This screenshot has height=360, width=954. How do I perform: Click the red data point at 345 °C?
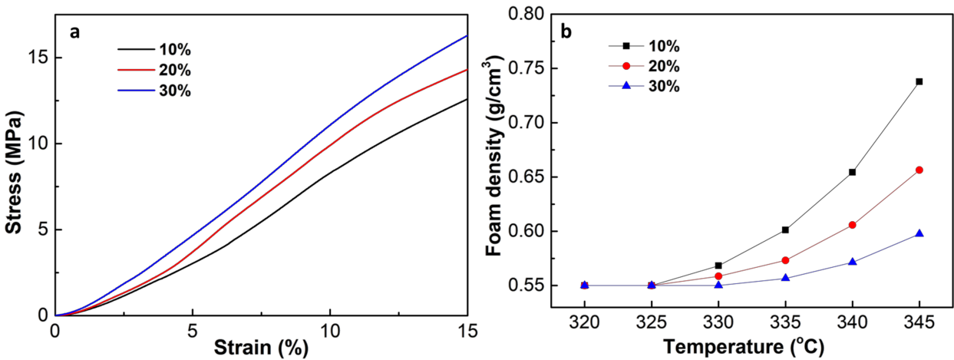pyautogui.click(x=919, y=170)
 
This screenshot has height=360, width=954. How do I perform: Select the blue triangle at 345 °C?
pyautogui.click(x=919, y=233)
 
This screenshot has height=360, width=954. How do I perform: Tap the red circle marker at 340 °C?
pyautogui.click(x=852, y=225)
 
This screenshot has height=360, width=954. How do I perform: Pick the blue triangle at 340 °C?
pyautogui.click(x=852, y=261)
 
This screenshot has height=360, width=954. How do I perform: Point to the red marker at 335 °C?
pyautogui.click(x=785, y=260)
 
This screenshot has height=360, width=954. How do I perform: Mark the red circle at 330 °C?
pyautogui.click(x=718, y=276)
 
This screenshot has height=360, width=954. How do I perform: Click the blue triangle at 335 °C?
pyautogui.click(x=785, y=277)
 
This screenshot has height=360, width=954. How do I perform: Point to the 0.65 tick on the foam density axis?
pyautogui.click(x=526, y=177)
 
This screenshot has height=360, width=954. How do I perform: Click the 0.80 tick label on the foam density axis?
pyautogui.click(x=526, y=14)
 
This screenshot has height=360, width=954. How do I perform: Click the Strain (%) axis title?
pyautogui.click(x=261, y=348)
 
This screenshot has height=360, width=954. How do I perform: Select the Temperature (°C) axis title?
pyautogui.click(x=743, y=348)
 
